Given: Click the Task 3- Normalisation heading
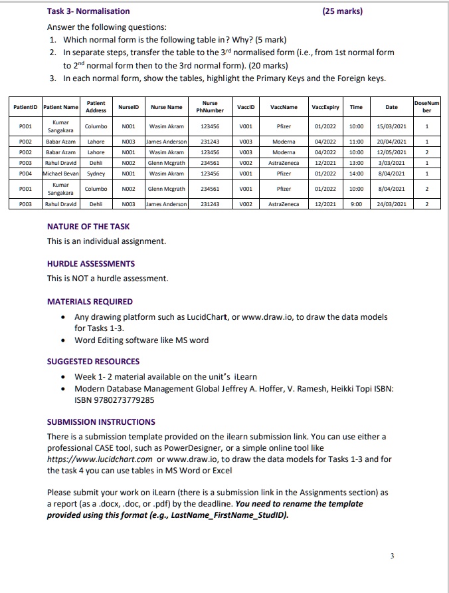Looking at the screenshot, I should (88, 11).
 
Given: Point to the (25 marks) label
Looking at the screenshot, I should (342, 11).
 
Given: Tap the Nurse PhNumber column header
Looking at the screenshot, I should (210, 106).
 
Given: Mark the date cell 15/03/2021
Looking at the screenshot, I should (392, 126).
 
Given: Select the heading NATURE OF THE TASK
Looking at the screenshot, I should (88, 227).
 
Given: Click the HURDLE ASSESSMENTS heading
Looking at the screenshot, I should (91, 264).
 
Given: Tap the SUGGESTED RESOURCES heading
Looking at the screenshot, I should (93, 361).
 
